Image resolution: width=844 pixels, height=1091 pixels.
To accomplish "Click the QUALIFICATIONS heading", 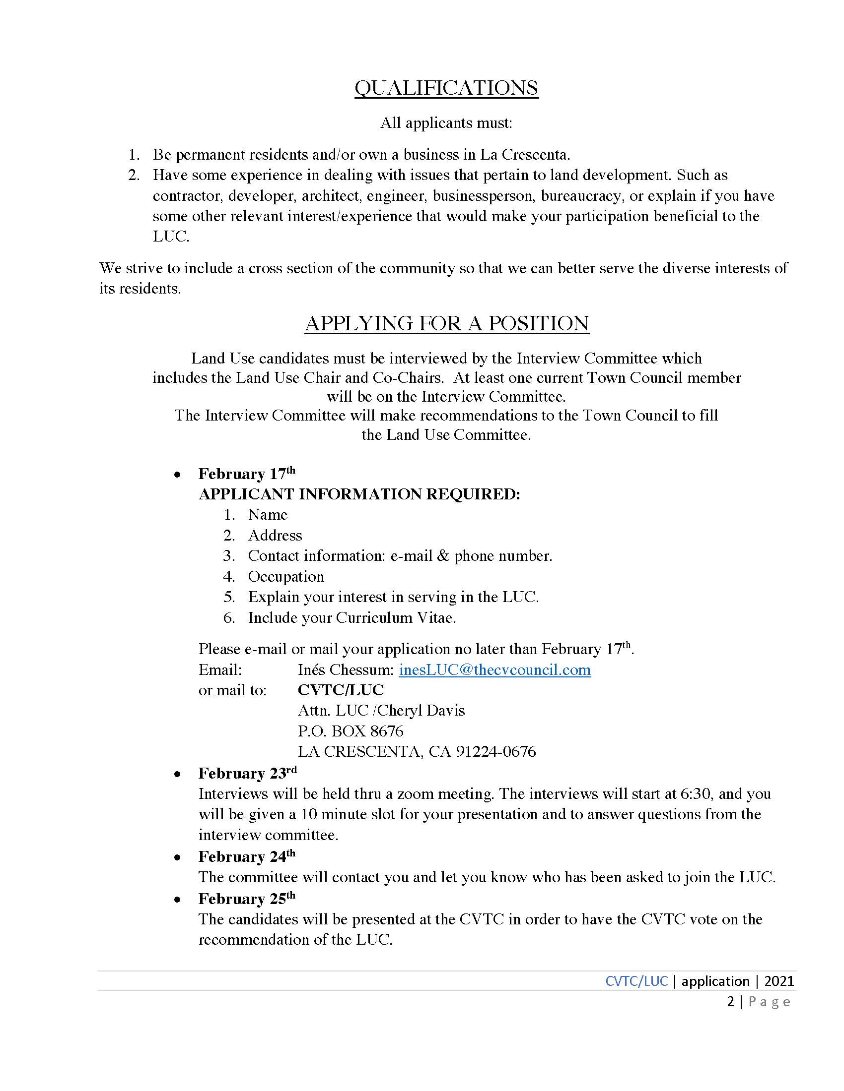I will click(x=446, y=88).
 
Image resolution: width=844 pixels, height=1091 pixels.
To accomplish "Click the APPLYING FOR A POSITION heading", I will click(x=446, y=323).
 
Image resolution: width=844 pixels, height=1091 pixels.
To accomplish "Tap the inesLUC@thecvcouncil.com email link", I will click(x=494, y=669).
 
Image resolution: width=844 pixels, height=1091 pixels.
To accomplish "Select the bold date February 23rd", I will click(x=248, y=773).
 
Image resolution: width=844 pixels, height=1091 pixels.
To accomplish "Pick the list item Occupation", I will click(x=286, y=576).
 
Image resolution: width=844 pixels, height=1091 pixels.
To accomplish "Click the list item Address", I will click(x=275, y=536).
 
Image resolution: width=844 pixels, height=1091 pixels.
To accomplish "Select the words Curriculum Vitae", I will click(x=395, y=618).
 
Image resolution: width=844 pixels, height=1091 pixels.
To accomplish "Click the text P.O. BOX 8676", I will click(x=351, y=731).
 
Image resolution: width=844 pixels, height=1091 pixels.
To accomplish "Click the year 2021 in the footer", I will click(x=779, y=981).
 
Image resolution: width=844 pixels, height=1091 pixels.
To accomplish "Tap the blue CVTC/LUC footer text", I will click(x=636, y=981).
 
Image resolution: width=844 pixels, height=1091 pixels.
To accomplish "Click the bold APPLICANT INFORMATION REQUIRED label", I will click(x=359, y=494).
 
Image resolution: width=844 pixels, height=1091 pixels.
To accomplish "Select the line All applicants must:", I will click(x=446, y=123).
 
